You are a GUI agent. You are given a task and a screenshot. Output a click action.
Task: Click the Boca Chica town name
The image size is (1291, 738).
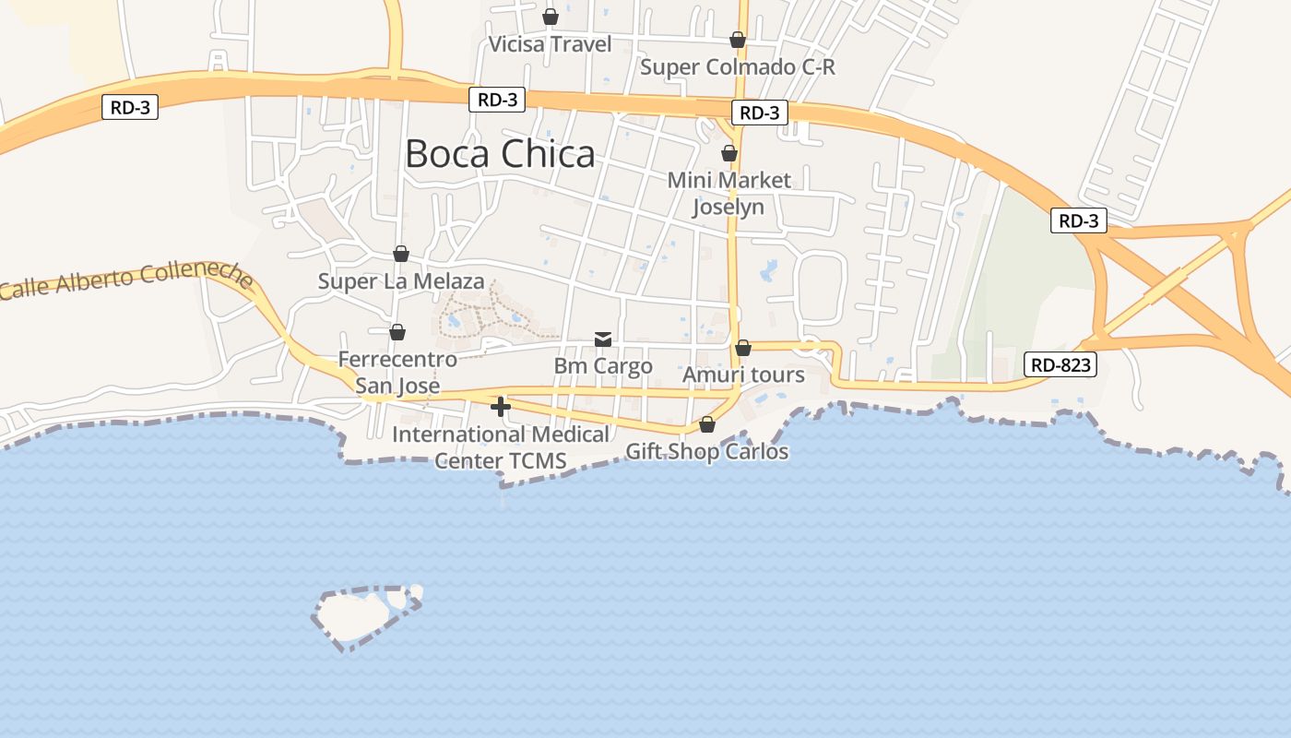[x=500, y=154]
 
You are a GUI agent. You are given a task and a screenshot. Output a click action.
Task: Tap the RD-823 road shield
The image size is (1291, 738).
[x=1060, y=364]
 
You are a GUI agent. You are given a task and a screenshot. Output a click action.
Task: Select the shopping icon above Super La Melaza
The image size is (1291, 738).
[x=401, y=254]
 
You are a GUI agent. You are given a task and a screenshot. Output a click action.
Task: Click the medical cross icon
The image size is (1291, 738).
[x=501, y=406]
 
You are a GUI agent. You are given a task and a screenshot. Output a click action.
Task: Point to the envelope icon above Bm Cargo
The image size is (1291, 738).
[x=603, y=339]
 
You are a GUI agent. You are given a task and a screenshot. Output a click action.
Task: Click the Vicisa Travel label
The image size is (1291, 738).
[x=550, y=44]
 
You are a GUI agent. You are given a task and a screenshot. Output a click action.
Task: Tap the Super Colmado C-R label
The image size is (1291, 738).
[x=738, y=66]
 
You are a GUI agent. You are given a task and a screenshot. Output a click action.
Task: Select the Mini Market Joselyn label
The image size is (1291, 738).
[x=728, y=193]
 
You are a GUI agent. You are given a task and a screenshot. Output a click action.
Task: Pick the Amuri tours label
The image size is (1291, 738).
[x=743, y=375]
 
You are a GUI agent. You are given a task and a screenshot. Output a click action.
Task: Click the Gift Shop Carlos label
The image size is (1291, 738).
[x=707, y=451]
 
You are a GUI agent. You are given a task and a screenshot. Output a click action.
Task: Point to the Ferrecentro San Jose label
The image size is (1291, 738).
[x=397, y=372]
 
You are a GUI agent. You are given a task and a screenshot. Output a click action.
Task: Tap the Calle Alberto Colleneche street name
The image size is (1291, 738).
[x=126, y=280]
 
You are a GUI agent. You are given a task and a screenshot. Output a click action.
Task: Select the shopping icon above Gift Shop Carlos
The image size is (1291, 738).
[x=707, y=424]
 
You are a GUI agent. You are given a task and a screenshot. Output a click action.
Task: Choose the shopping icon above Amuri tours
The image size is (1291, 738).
[x=743, y=348]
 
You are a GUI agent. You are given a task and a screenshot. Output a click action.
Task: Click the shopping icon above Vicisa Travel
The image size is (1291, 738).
[x=551, y=17]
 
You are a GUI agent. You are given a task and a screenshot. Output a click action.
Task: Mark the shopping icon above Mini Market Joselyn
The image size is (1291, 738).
[x=729, y=153]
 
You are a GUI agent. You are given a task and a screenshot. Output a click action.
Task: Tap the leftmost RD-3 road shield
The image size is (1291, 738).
[x=130, y=107]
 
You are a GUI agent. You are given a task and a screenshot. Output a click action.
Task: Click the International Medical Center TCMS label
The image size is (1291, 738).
[x=501, y=446]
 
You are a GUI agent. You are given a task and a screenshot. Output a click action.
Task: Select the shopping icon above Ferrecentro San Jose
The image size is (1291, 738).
[x=397, y=332]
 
